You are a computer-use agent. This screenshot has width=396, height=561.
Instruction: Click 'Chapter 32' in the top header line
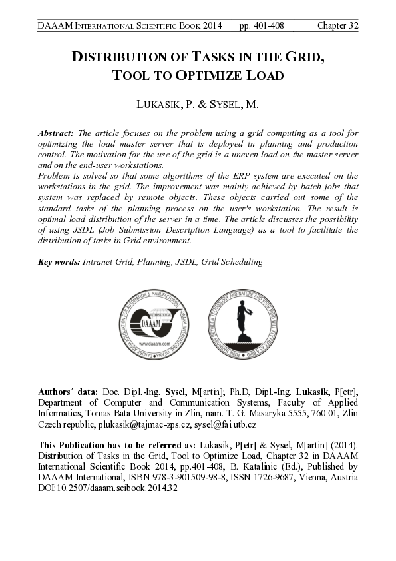tap(337, 26)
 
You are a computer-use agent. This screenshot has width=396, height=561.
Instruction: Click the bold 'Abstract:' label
tap(57, 134)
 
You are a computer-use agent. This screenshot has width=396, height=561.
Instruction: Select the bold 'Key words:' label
tap(59, 261)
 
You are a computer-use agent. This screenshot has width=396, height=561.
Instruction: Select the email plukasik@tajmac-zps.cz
tap(150, 424)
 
